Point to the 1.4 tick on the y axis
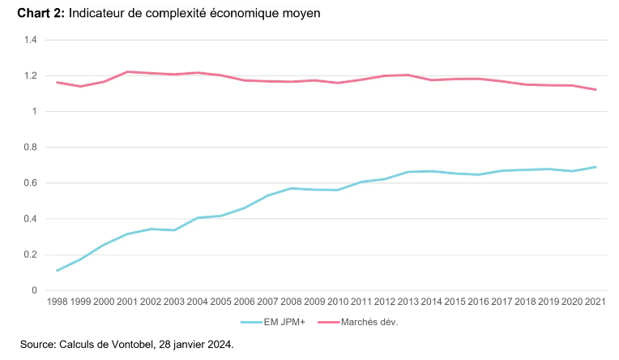pos(32,40)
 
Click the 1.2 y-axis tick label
pos(32,75)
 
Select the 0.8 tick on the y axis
pos(32,147)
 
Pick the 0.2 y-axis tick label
pos(32,255)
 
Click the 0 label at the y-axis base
pos(36,290)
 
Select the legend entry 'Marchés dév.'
pos(370,322)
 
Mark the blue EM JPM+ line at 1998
pos(57,271)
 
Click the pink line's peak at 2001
pos(127,71)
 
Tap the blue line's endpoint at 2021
pos(596,167)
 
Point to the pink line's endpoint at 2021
pos(596,90)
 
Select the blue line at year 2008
pos(291,188)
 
